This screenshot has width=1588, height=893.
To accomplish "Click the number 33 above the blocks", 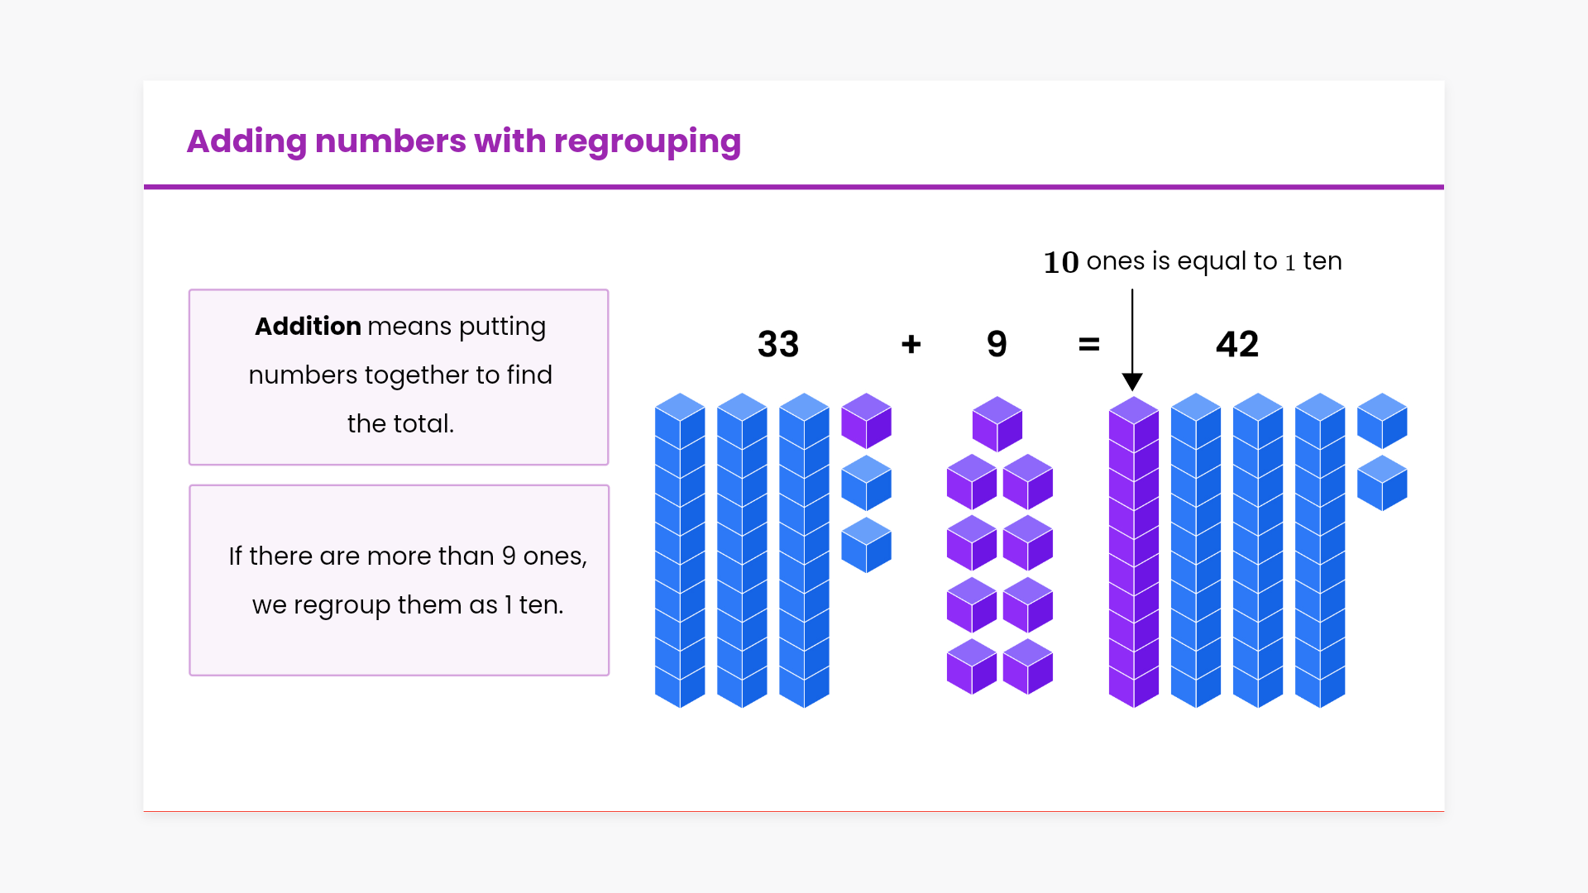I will (777, 344).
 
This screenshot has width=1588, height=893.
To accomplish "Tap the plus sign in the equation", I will (911, 344).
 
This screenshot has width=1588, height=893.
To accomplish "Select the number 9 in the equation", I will (997, 344).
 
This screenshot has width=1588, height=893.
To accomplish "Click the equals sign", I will (1089, 344).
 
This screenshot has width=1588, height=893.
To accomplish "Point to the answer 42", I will (1236, 344).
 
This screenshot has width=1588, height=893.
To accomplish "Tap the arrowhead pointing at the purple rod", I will (1132, 381).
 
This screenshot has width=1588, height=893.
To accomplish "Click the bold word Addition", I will (308, 327).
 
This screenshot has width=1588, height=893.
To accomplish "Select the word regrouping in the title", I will (647, 142).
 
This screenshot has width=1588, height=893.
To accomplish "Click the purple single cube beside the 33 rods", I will (866, 421).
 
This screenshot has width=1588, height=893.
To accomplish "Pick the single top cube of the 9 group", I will (997, 424).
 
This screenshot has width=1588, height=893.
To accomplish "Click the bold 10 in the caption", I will (1060, 262).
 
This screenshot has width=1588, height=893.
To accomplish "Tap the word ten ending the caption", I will (1322, 261).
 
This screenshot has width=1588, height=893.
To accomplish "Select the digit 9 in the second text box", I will (509, 556).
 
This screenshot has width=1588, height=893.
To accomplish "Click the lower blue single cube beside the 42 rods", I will (1381, 483).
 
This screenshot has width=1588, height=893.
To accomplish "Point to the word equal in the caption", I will (1212, 262).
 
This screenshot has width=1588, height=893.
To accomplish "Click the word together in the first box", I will (417, 375).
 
